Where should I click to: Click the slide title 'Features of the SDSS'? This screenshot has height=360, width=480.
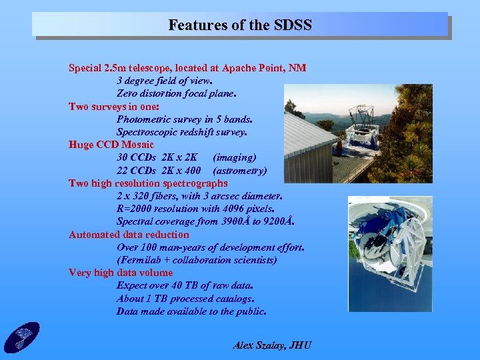(240, 25)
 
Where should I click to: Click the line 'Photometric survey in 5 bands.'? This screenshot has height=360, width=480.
(185, 119)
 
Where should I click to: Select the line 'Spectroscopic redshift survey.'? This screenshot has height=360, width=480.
(182, 132)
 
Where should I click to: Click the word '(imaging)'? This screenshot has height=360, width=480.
(235, 158)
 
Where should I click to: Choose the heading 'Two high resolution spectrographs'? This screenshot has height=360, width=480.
(148, 183)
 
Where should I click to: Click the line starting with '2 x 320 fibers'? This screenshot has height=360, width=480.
(199, 196)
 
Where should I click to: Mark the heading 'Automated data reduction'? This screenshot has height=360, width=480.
(129, 235)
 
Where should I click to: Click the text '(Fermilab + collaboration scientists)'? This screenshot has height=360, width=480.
(197, 260)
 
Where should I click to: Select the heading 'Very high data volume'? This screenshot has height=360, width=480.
(121, 273)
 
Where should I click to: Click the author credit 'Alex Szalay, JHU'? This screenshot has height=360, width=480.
(272, 345)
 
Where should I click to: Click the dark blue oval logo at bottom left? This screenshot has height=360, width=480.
(21, 337)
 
